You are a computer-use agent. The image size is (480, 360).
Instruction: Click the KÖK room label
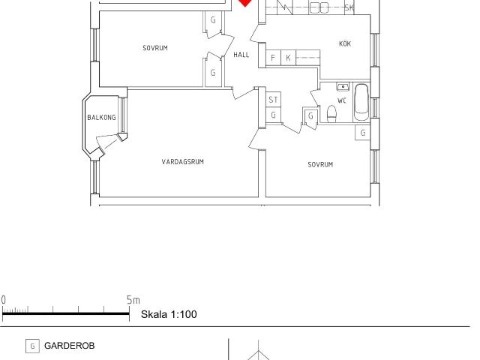345,43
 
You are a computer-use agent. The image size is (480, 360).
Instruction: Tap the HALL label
241,55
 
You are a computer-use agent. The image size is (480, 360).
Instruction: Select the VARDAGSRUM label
183,162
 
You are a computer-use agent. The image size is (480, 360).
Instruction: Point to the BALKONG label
102,117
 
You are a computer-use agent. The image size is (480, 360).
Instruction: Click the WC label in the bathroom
342,100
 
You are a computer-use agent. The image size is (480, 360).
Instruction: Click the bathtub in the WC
361,102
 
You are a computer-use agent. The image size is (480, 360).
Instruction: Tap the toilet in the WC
331,114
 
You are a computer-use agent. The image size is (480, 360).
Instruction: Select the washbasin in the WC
343,87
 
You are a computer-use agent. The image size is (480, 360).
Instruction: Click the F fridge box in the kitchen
273,58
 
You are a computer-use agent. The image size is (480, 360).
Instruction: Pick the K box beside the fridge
288,58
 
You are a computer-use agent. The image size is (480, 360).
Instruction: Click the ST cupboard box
273,100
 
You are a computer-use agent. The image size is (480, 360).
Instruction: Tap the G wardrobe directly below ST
273,115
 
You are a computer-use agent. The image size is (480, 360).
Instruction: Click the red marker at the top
245,3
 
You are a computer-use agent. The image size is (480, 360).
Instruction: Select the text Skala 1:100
169,314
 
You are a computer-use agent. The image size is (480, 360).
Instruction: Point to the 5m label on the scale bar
133,300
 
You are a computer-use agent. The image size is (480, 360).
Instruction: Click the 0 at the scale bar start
3,300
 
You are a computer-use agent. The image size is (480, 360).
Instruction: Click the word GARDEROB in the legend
70,346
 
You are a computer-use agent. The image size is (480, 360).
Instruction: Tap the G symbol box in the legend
32,346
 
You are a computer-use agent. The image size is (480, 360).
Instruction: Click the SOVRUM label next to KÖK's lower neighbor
320,164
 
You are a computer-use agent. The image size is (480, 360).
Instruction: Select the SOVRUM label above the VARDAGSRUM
155,48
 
